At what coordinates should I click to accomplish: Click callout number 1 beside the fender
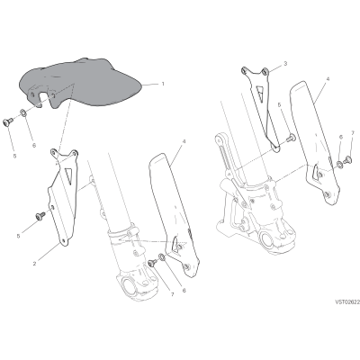pyautogui.click(x=163, y=84)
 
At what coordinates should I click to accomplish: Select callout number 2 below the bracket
pyautogui.click(x=34, y=264)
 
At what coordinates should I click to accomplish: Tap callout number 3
pyautogui.click(x=285, y=63)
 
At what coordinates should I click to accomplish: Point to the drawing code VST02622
pyautogui.click(x=347, y=303)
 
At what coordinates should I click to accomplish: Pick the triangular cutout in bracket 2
pyautogui.click(x=68, y=175)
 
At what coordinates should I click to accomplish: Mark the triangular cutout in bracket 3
pyautogui.click(x=260, y=91)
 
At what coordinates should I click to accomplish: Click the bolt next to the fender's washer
pyautogui.click(x=7, y=121)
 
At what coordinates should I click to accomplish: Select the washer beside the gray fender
pyautogui.click(x=22, y=113)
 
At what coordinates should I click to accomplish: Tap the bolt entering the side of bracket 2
pyautogui.click(x=40, y=215)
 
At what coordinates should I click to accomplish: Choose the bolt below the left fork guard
pyautogui.click(x=152, y=263)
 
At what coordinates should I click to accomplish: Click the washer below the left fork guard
pyautogui.click(x=162, y=256)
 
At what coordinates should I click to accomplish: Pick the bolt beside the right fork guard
pyautogui.click(x=347, y=159)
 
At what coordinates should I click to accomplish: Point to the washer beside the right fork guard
pyautogui.click(x=339, y=165)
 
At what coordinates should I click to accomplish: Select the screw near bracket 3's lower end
pyautogui.click(x=290, y=139)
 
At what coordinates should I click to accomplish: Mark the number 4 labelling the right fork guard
pyautogui.click(x=328, y=71)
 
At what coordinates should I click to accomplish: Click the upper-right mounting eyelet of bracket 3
pyautogui.click(x=265, y=71)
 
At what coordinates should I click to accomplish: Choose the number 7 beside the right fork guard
pyautogui.click(x=353, y=132)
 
